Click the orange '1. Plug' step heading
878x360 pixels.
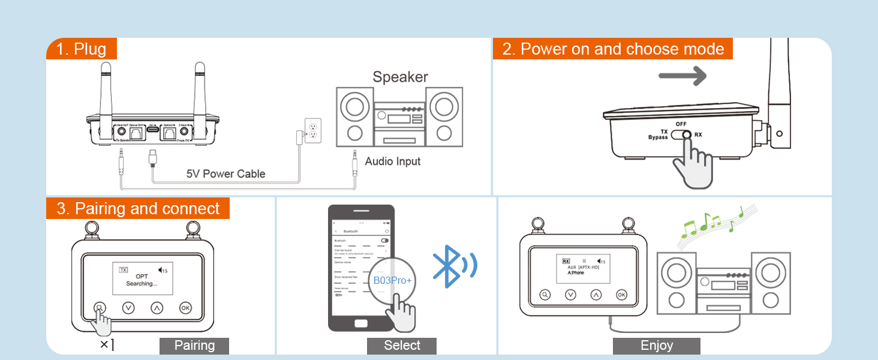[82, 49]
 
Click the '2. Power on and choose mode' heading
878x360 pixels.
[613, 49]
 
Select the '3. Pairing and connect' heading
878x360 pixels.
[138, 208]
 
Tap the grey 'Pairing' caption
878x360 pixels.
[194, 346]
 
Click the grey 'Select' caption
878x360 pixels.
[402, 346]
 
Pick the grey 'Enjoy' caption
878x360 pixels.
[657, 346]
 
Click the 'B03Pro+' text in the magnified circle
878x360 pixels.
[393, 280]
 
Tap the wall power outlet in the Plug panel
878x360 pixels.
[312, 131]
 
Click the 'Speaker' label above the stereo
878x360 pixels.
[400, 77]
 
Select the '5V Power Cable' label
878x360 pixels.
[225, 174]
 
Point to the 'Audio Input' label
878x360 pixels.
[393, 161]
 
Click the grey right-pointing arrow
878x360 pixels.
[682, 76]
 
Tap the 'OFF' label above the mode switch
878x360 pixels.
[681, 124]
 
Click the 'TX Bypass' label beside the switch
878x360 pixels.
[659, 134]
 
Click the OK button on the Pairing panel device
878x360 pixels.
[185, 308]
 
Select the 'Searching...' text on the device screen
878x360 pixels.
[142, 283]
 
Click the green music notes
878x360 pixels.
[711, 223]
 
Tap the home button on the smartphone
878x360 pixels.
[361, 323]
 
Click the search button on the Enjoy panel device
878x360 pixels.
[545, 295]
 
